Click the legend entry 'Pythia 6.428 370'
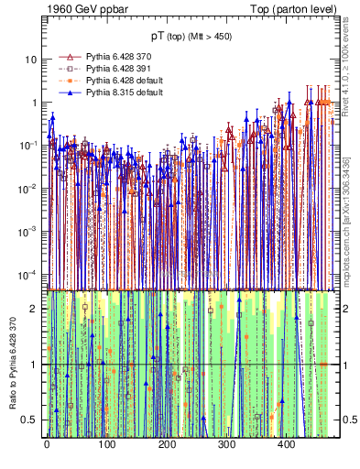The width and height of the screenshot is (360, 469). [120, 57]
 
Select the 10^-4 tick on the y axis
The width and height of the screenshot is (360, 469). [27, 275]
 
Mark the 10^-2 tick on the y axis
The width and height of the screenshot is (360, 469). [27, 189]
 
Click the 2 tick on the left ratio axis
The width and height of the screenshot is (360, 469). [34, 309]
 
